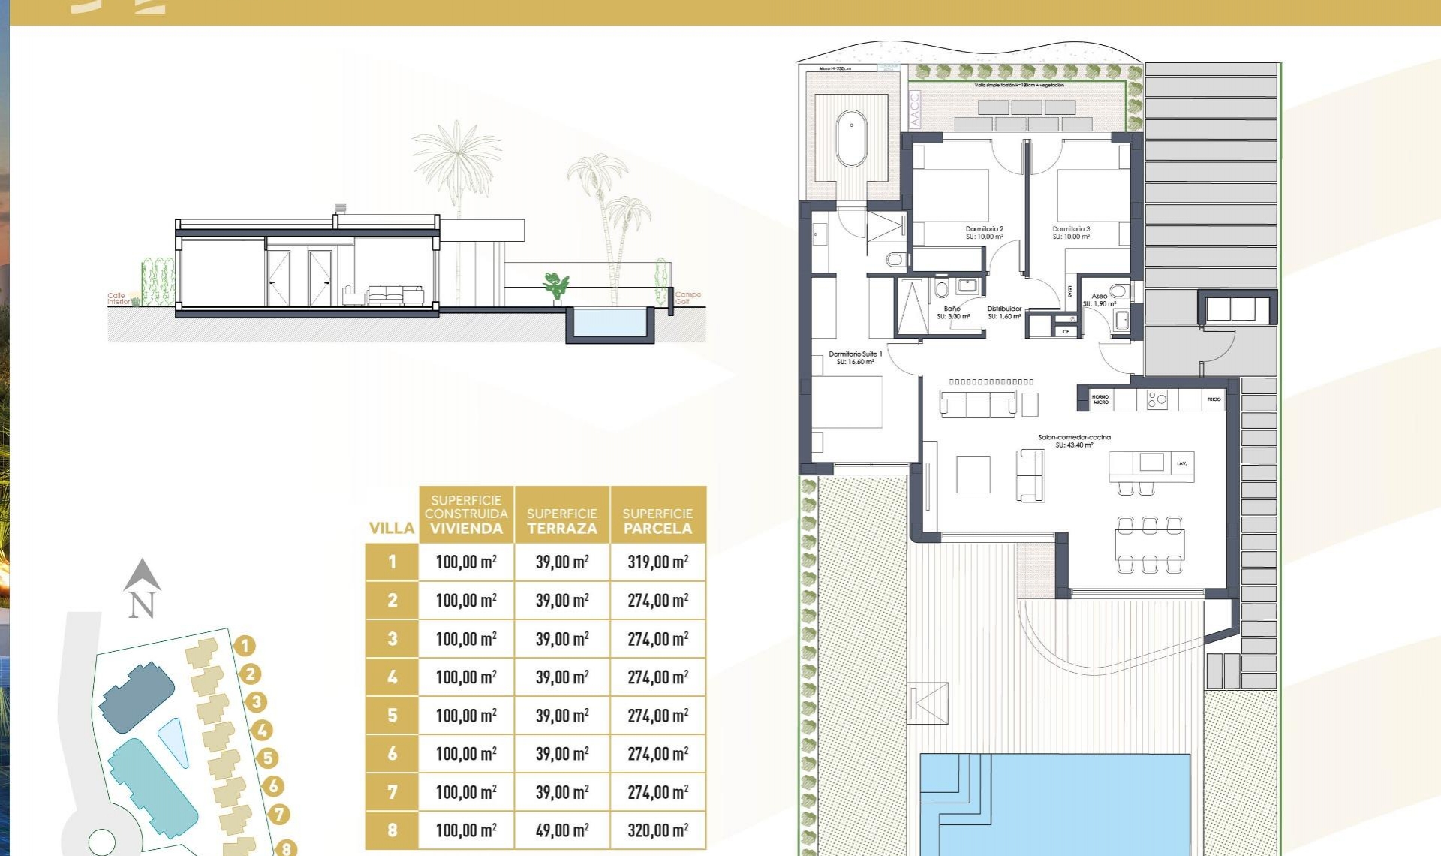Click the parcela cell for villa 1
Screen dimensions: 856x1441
[657, 562]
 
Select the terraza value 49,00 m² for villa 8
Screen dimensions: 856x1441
[561, 830]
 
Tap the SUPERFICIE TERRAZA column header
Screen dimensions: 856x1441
[561, 520]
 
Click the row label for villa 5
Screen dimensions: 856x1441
[392, 715]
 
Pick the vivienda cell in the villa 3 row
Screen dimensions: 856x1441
[465, 639]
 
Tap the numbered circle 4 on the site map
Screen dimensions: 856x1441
[262, 730]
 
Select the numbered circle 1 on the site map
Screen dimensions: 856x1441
[245, 646]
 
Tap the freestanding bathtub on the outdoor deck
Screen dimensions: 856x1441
[851, 139]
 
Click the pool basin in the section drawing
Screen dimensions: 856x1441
[609, 323]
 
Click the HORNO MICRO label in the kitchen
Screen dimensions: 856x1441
[1100, 399]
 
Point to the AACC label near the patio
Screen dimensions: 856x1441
[914, 110]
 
